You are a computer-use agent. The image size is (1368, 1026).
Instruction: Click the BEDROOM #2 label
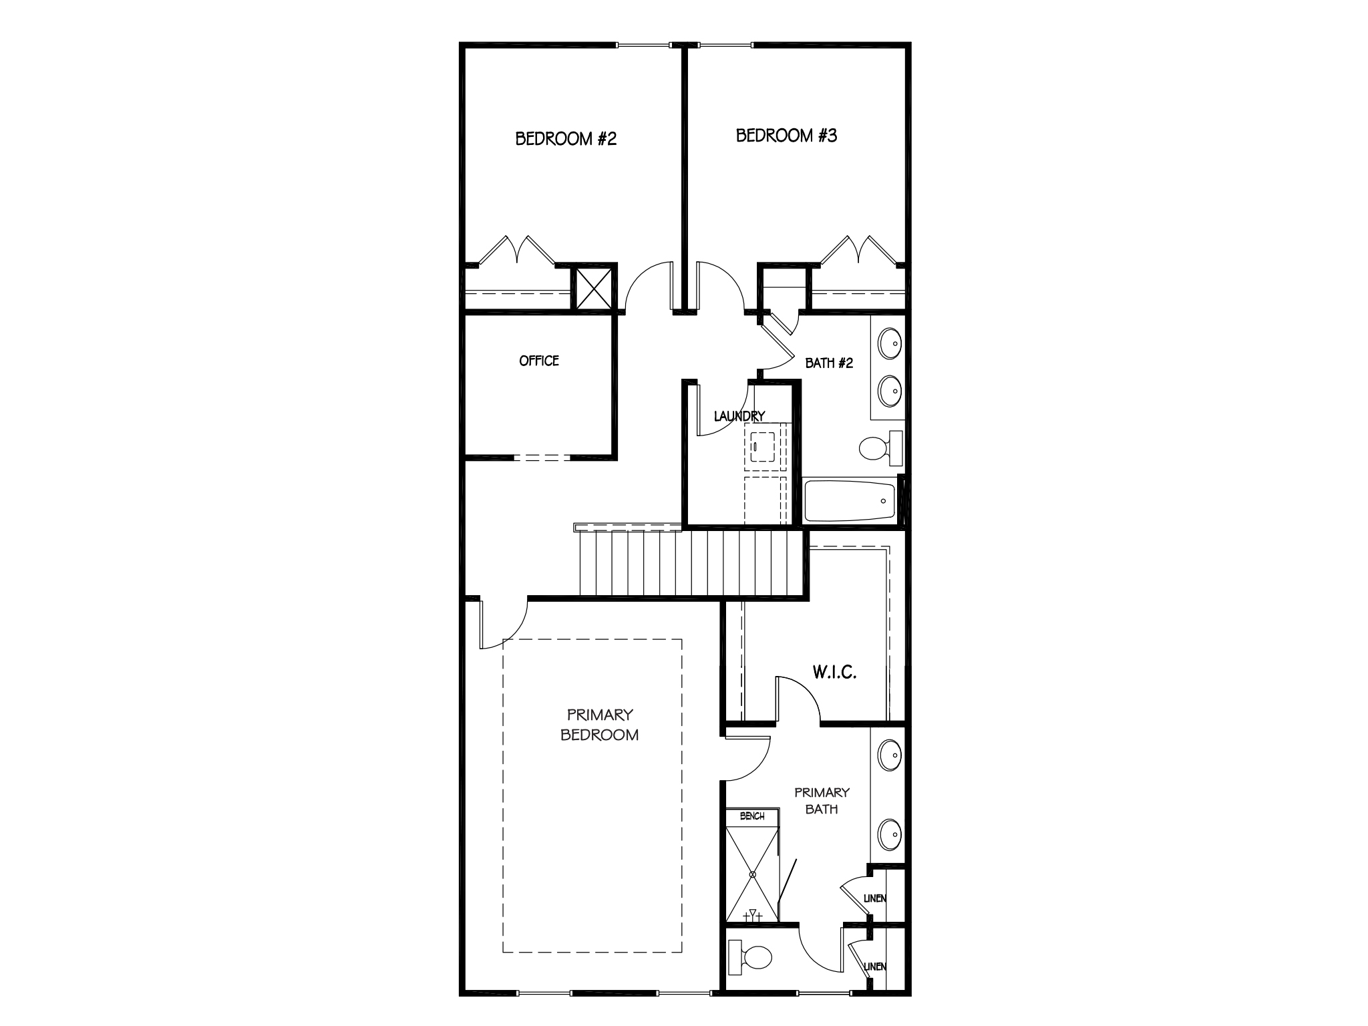pos(566,139)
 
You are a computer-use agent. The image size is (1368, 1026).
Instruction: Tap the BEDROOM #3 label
pos(786,136)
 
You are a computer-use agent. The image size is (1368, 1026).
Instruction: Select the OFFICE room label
pos(539,361)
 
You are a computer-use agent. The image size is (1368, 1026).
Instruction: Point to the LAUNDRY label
pos(739,416)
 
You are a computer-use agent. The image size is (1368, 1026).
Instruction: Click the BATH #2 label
pos(829,363)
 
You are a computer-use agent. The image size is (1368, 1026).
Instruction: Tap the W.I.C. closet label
pos(834,672)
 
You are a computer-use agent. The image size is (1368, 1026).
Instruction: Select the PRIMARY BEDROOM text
pos(600,725)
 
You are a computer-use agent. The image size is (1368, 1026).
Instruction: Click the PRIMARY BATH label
pos(822,800)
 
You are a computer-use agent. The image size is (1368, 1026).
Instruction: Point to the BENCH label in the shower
pos(752,816)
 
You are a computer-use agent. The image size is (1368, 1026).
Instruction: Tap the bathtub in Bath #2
pos(850,501)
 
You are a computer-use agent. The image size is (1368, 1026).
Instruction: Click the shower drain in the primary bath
pos(752,874)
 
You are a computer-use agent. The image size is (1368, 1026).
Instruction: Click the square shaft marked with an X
pos(594,287)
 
